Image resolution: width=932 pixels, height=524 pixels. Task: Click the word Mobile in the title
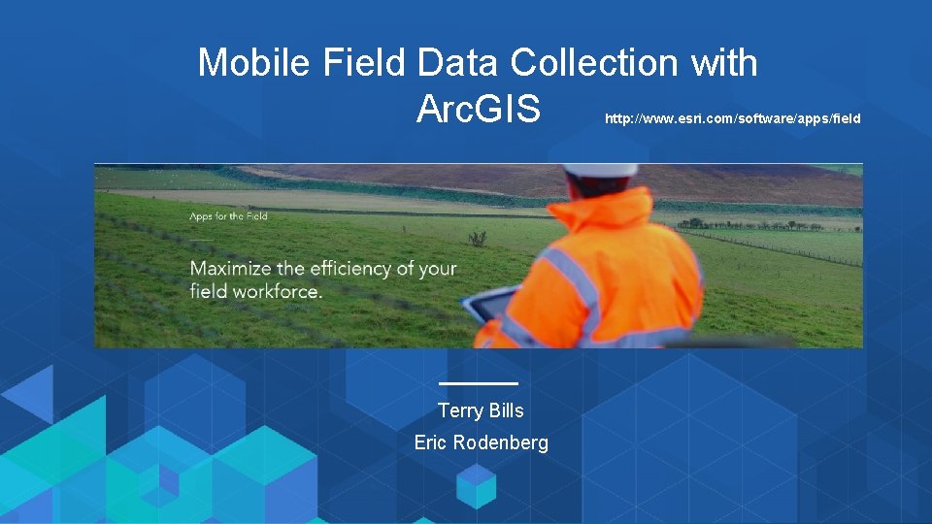click(x=254, y=63)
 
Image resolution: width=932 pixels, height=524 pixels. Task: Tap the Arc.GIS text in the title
click(x=478, y=110)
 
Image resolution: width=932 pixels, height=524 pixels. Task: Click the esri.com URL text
click(x=732, y=118)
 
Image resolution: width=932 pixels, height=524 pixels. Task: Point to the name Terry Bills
click(x=481, y=410)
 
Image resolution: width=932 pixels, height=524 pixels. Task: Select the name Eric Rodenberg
click(x=481, y=442)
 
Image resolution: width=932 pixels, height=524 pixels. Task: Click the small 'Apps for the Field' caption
click(x=228, y=216)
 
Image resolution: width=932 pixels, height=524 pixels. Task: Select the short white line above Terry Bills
click(x=479, y=384)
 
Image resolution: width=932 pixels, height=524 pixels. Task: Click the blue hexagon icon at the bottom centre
click(x=477, y=485)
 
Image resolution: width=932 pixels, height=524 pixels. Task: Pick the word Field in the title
click(x=364, y=63)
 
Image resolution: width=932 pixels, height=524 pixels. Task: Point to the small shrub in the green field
click(x=477, y=238)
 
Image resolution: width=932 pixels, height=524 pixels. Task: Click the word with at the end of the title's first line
click(x=724, y=63)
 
